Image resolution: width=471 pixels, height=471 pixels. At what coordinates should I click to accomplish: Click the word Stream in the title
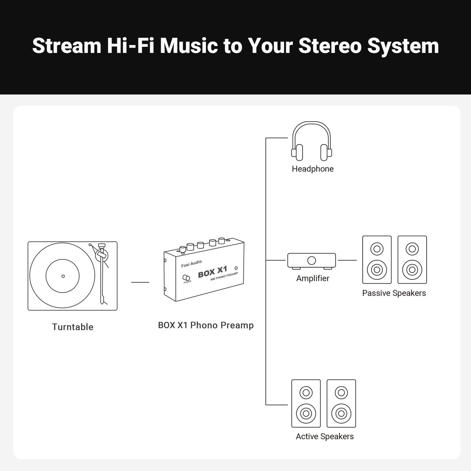tap(67, 46)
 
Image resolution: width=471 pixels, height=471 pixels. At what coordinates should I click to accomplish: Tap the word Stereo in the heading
tap(330, 46)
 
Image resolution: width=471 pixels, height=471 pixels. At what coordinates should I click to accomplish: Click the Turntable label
tap(73, 327)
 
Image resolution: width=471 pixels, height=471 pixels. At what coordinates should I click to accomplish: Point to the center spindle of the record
tap(63, 276)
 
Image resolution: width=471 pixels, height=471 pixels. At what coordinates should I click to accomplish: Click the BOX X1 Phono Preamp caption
tap(206, 325)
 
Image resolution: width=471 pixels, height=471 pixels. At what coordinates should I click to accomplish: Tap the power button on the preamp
tap(186, 278)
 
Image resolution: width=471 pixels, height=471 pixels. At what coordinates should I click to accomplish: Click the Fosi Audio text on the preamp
tap(192, 264)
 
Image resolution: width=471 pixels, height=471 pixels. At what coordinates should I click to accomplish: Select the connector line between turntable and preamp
tap(140, 282)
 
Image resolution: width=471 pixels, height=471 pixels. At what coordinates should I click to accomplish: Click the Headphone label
tap(312, 169)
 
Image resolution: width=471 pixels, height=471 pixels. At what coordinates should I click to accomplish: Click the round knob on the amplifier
tap(311, 261)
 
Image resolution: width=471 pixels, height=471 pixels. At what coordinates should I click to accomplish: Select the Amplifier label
tap(312, 278)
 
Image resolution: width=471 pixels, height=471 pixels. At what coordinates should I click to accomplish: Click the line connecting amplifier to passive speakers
tap(347, 260)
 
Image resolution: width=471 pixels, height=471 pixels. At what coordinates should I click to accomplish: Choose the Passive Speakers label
tap(394, 293)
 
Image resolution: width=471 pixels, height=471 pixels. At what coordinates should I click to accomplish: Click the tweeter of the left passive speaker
tap(377, 249)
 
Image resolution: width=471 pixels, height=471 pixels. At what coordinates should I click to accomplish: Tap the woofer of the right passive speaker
tap(412, 270)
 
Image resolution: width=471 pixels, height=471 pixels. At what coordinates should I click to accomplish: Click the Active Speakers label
tap(325, 436)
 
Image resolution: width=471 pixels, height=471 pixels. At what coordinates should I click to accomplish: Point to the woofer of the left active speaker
tap(306, 414)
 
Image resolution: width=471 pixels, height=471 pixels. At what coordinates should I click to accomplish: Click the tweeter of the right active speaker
tap(341, 392)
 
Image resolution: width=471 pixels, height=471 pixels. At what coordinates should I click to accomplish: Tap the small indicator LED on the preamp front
tap(236, 268)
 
